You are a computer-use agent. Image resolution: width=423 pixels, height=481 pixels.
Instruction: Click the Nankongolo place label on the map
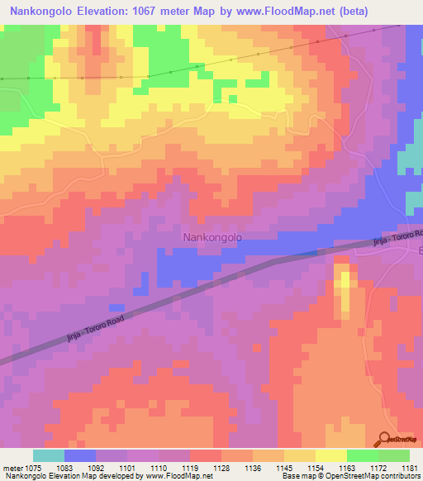(211, 237)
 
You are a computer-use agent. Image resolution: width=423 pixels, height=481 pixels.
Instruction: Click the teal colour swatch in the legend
(49, 455)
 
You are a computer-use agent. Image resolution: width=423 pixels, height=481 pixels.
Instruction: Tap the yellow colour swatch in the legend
(330, 455)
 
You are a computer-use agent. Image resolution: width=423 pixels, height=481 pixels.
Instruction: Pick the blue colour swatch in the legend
(80, 455)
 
